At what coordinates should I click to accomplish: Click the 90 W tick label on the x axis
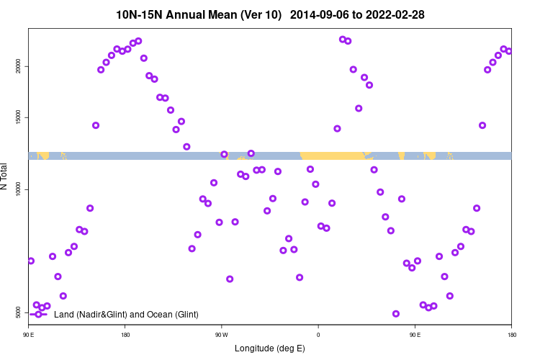click(x=221, y=335)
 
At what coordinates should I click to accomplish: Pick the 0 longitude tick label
click(x=318, y=335)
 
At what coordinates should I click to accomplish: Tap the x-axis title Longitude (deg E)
click(x=270, y=348)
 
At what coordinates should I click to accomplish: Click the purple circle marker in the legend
click(x=38, y=314)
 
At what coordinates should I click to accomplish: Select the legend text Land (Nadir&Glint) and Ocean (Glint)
click(x=126, y=314)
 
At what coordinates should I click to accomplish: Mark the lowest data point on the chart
click(x=396, y=314)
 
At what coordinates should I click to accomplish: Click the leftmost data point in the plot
click(x=31, y=261)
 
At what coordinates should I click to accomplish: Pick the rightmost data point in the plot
click(x=509, y=51)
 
